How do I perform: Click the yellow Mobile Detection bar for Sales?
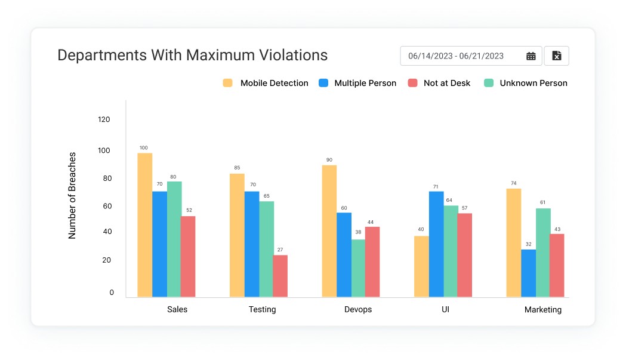click(145, 224)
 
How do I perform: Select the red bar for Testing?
click(280, 276)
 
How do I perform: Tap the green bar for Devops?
click(359, 268)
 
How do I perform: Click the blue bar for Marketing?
click(528, 273)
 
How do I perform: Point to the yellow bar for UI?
click(421, 266)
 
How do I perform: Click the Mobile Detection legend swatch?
click(228, 83)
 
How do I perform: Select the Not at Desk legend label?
click(447, 83)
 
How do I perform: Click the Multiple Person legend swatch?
click(324, 83)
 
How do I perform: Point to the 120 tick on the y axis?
click(104, 119)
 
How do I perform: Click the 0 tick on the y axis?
click(112, 293)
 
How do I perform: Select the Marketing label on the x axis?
click(543, 310)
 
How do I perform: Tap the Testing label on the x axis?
click(263, 310)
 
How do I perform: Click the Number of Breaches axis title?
click(72, 195)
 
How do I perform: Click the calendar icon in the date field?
click(531, 56)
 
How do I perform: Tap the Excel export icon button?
click(557, 56)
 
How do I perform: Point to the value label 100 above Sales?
click(144, 147)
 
